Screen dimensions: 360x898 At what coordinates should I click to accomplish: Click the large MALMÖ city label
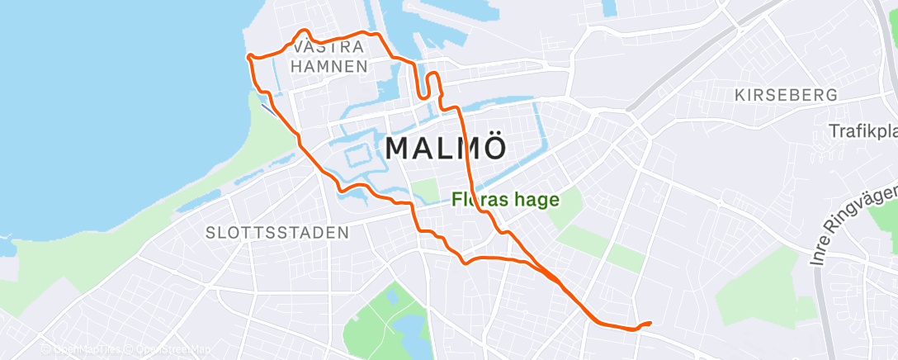pyautogui.click(x=445, y=149)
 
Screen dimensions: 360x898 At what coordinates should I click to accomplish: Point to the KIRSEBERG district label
pyautogui.click(x=786, y=96)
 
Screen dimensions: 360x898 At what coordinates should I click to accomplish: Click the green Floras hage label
pyautogui.click(x=505, y=199)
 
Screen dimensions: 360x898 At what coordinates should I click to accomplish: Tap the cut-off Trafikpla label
pyautogui.click(x=863, y=132)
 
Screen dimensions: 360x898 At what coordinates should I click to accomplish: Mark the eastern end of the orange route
pyautogui.click(x=650, y=323)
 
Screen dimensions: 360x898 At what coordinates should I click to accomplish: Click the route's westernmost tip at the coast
pyautogui.click(x=248, y=56)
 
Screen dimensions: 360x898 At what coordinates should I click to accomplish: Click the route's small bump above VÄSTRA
pyautogui.click(x=300, y=34)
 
